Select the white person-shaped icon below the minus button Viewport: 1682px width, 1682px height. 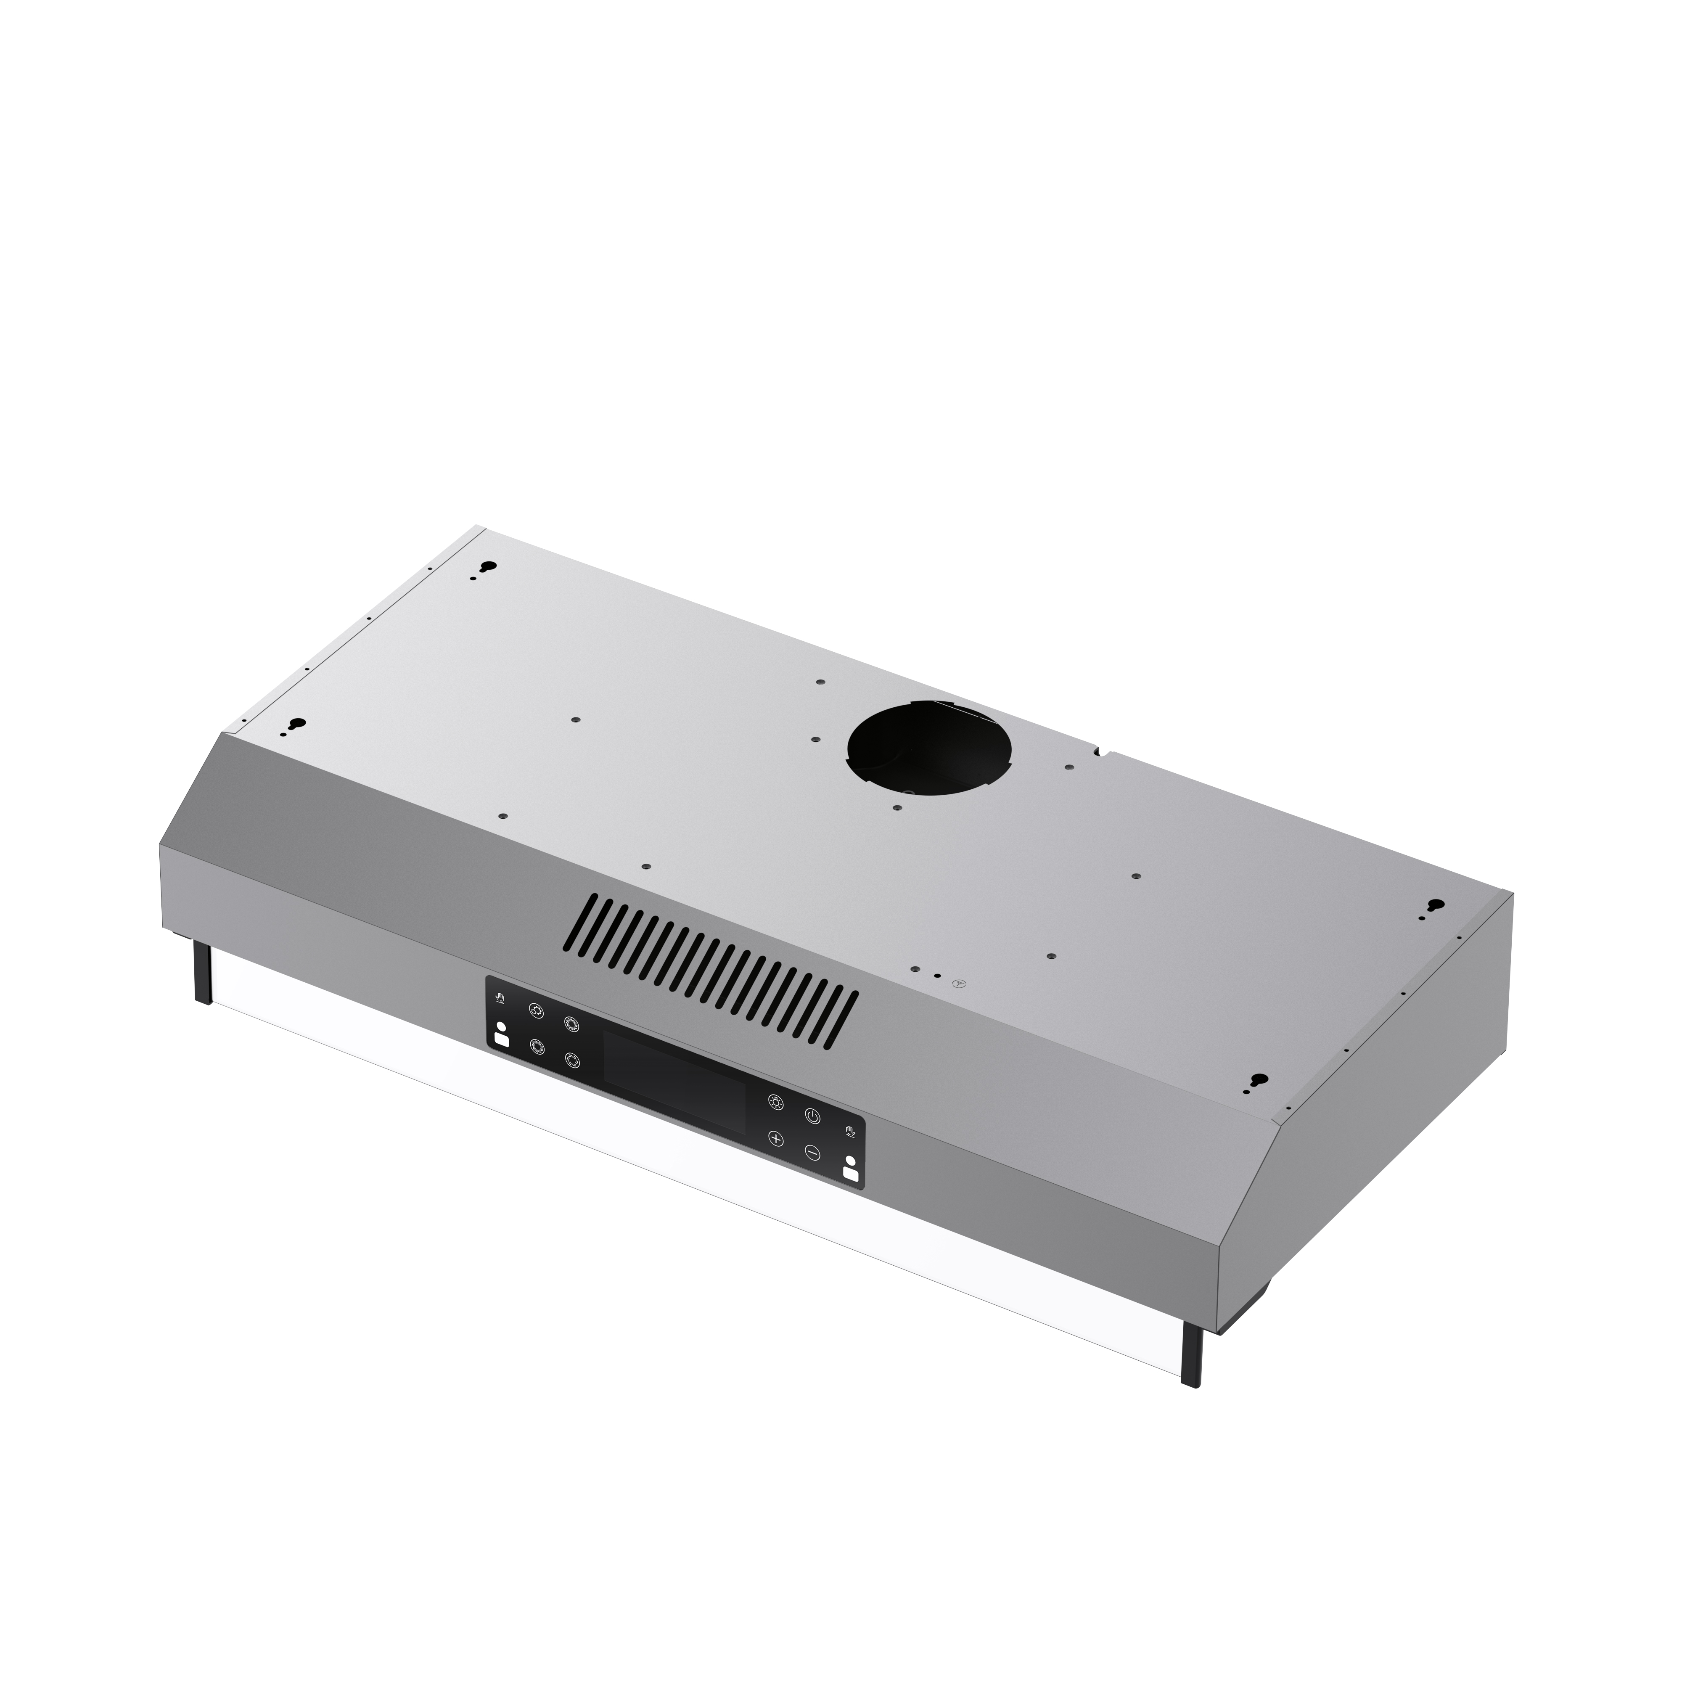click(x=850, y=1171)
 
